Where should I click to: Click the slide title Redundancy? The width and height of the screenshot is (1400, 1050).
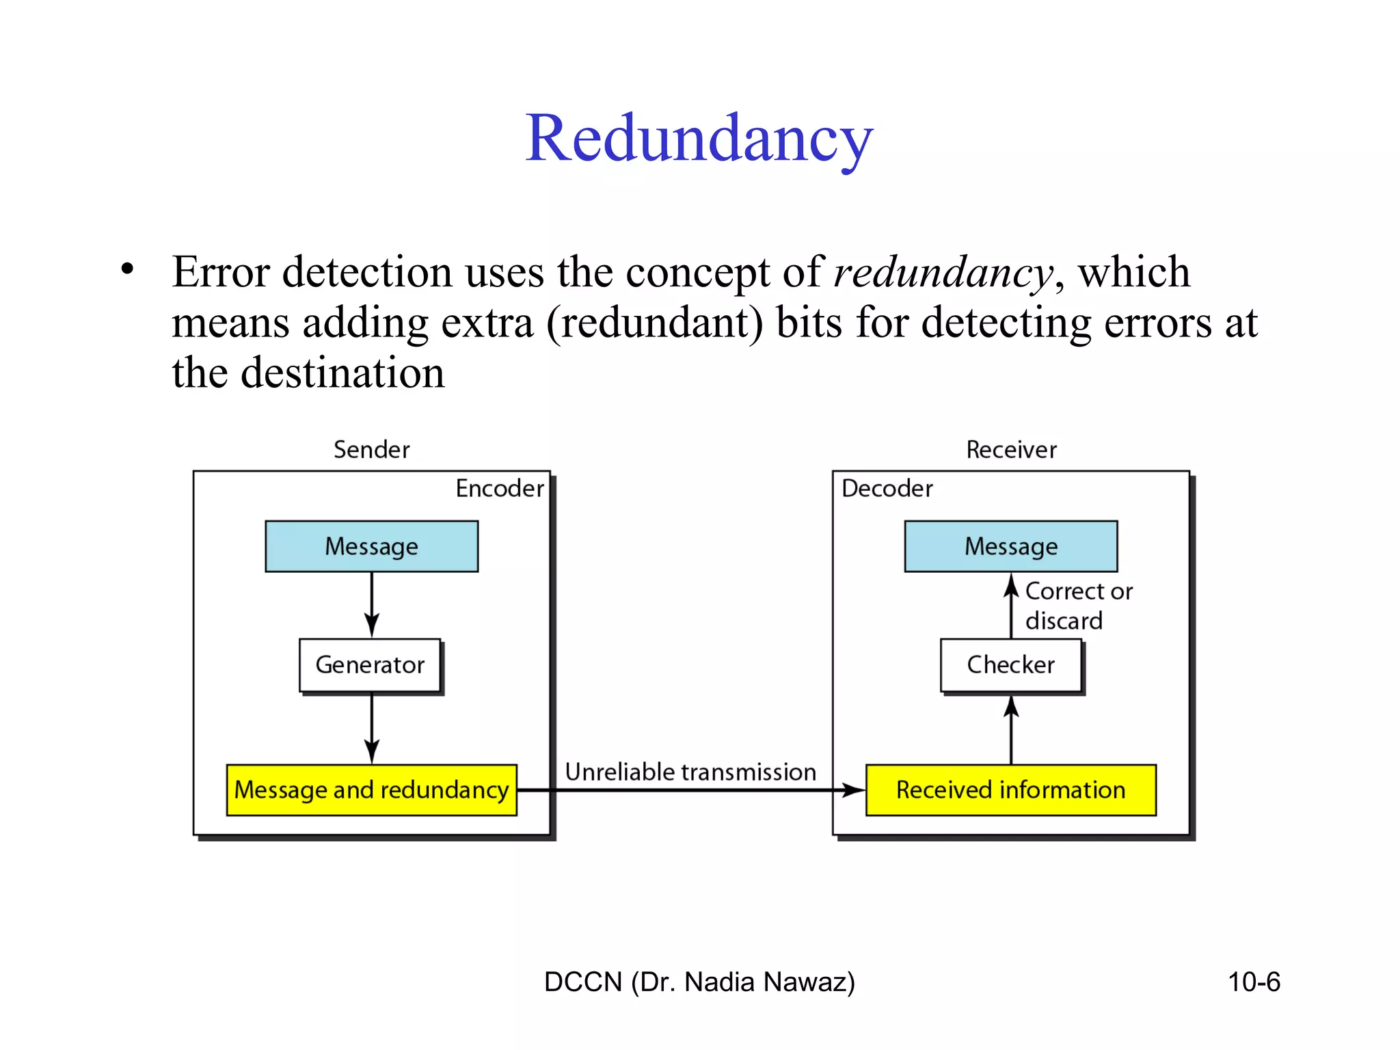[699, 139]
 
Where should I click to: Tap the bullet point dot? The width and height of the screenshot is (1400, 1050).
[127, 268]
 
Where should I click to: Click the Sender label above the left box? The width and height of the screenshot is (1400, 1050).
[371, 450]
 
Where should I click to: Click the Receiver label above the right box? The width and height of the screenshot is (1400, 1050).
[1011, 450]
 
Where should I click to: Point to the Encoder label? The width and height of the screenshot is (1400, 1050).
[500, 489]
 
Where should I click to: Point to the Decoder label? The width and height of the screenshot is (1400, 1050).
[887, 489]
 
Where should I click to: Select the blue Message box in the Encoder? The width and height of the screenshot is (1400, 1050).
[371, 546]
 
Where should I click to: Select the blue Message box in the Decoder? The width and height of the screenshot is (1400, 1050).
[1010, 546]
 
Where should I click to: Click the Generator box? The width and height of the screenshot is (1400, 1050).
[370, 665]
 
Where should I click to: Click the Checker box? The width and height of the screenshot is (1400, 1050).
[1010, 665]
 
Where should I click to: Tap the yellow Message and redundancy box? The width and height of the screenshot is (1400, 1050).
[371, 790]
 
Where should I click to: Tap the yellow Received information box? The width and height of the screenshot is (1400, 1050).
[1010, 790]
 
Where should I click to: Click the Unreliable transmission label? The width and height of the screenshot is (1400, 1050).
[690, 772]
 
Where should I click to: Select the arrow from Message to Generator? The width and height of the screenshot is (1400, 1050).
[371, 604]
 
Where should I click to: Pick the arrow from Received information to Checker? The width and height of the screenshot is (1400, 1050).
[1011, 730]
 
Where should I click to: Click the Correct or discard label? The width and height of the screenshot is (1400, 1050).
[1077, 606]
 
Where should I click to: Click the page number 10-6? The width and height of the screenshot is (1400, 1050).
[1253, 982]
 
